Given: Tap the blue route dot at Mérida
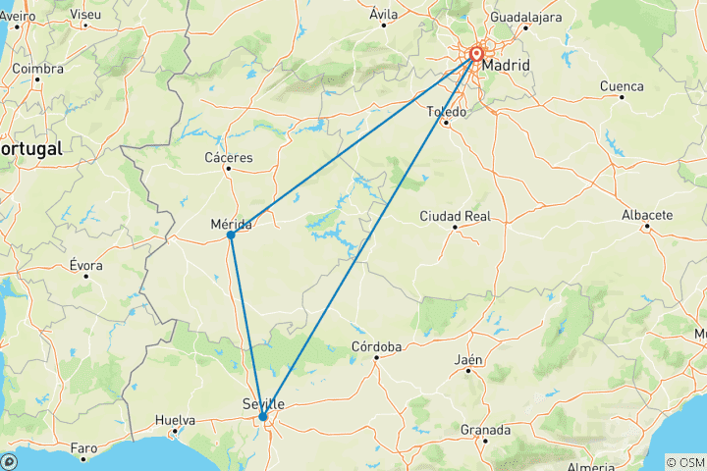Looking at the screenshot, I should tap(230, 235).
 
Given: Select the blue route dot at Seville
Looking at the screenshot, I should tap(263, 417).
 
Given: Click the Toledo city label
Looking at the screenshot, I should tap(445, 112).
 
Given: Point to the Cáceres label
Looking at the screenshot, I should tap(228, 157).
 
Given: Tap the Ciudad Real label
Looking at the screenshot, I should tap(455, 216).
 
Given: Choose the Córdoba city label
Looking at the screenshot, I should tap(377, 347).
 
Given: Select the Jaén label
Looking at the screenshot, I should tap(468, 360).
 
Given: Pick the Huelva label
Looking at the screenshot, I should tap(175, 420).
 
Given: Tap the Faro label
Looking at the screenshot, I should tap(84, 448).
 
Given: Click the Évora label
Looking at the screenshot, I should tap(86, 266).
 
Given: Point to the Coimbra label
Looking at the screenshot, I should tap(38, 70).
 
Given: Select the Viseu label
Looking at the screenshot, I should tap(85, 14).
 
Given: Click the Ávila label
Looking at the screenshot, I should tap(384, 14).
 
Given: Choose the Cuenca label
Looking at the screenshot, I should tap(621, 86).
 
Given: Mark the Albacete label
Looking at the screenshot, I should tap(647, 215).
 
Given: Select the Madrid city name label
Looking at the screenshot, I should tap(506, 66).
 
